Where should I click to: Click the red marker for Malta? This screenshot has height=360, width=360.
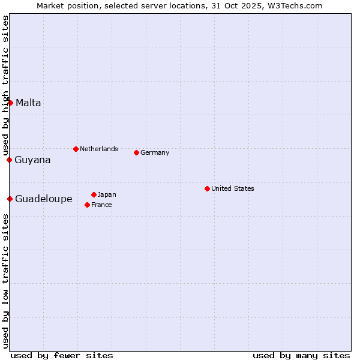(10, 103)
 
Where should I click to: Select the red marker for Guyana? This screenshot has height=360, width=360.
(10, 160)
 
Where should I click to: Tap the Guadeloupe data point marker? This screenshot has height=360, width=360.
(10, 199)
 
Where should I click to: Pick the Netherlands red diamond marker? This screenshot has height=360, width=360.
(76, 149)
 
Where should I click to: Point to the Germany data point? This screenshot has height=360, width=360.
(136, 152)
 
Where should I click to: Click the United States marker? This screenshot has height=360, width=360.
(207, 188)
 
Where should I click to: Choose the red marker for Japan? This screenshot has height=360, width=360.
(94, 194)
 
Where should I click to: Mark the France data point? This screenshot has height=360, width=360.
(88, 205)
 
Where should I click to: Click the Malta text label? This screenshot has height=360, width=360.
(28, 103)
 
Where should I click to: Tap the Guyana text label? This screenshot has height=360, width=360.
(32, 160)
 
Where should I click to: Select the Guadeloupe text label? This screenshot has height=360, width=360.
(43, 199)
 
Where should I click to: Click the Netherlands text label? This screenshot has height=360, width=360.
(98, 149)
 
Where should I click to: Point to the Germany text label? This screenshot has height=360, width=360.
(155, 152)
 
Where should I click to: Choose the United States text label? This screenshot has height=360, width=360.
(232, 188)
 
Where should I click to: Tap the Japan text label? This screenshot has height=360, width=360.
(107, 194)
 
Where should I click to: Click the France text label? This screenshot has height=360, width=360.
(101, 205)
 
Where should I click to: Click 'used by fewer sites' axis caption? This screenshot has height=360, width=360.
(62, 355)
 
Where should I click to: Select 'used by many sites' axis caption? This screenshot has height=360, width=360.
(301, 355)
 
